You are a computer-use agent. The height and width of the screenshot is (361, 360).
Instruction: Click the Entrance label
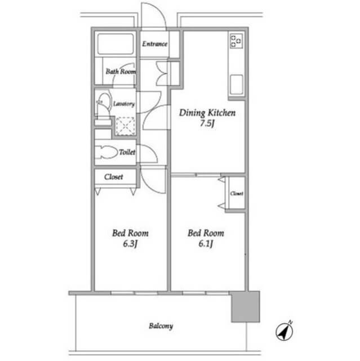click(154, 44)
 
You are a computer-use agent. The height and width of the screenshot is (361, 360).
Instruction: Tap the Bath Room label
click(121, 72)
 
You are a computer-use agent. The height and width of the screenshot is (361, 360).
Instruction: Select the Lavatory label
click(124, 104)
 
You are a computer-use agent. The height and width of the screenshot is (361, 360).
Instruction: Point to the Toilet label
click(127, 152)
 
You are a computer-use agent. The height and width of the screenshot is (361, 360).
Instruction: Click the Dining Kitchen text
click(207, 113)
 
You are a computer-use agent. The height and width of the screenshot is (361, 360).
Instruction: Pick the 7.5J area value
click(207, 124)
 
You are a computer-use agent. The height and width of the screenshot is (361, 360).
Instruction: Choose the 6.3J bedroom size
click(130, 244)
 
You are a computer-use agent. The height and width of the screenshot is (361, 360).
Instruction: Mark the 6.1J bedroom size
click(206, 244)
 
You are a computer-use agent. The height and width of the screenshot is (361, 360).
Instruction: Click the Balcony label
click(161, 326)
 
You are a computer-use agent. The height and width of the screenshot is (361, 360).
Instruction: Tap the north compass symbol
click(285, 331)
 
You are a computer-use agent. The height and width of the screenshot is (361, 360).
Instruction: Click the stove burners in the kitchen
click(236, 41)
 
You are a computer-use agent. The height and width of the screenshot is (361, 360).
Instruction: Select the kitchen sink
click(236, 85)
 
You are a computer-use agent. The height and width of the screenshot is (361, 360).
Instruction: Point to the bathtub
click(115, 44)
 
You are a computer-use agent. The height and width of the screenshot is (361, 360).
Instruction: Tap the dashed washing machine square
click(125, 126)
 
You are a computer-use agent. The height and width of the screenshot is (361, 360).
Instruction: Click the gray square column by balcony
click(246, 307)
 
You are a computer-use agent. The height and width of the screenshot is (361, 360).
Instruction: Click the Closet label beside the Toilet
click(114, 177)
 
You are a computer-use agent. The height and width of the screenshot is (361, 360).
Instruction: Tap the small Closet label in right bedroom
click(237, 193)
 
